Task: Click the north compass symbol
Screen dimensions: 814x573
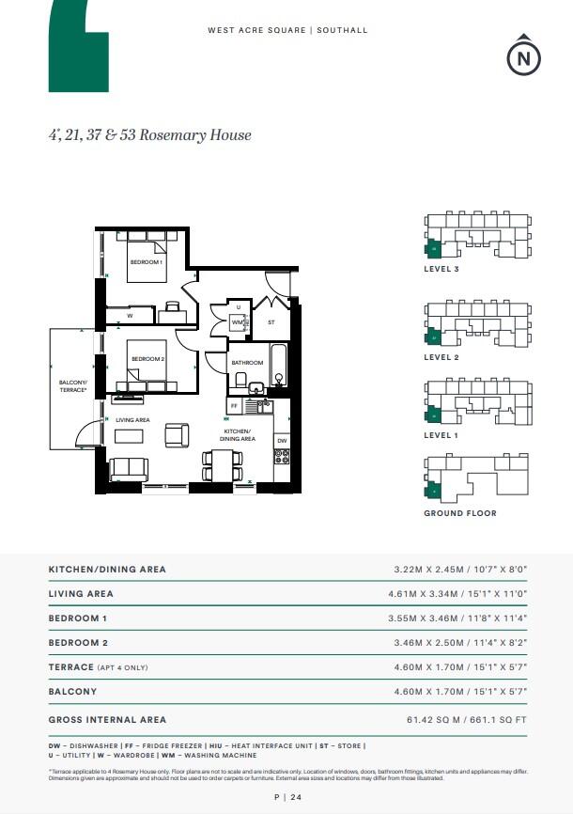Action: click(524, 57)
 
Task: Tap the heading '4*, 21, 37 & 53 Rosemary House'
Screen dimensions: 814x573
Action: click(150, 134)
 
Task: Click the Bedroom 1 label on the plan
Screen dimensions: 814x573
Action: click(147, 262)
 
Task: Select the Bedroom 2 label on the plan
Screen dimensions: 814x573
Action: click(147, 359)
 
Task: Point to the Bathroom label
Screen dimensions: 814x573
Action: click(247, 363)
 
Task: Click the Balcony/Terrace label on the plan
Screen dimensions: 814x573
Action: click(72, 385)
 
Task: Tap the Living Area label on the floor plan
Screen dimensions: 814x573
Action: click(132, 419)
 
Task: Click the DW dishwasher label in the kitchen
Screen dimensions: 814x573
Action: click(282, 440)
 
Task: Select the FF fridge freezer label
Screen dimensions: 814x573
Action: click(234, 406)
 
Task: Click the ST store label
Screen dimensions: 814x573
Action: click(271, 322)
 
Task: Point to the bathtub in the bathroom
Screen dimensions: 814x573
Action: click(278, 366)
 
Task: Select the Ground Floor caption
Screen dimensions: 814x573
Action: click(460, 513)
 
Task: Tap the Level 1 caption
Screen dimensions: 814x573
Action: click(441, 435)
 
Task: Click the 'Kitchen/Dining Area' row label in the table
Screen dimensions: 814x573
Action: click(107, 570)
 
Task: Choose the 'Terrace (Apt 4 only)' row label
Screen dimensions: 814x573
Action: click(98, 667)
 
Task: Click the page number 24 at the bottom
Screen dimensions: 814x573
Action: click(286, 798)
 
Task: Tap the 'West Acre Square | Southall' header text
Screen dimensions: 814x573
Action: click(287, 31)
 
